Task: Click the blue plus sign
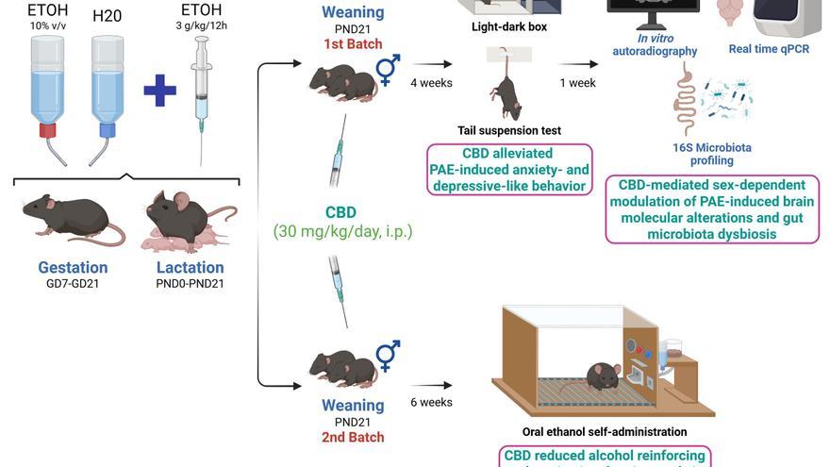pos(159,92)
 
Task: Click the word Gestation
pos(73,267)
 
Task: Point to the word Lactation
pos(190,267)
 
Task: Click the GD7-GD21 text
pos(73,284)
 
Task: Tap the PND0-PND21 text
pos(190,284)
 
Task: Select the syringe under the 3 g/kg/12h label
pos(200,94)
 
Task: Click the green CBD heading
pos(341,212)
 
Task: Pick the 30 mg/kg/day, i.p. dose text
pos(342,230)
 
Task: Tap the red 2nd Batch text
pos(353,437)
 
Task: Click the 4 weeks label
pos(431,83)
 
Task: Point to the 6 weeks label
pos(431,402)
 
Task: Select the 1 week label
pos(577,83)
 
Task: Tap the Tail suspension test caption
pos(509,130)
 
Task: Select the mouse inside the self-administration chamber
pos(603,375)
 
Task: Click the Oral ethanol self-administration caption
pos(604,432)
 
